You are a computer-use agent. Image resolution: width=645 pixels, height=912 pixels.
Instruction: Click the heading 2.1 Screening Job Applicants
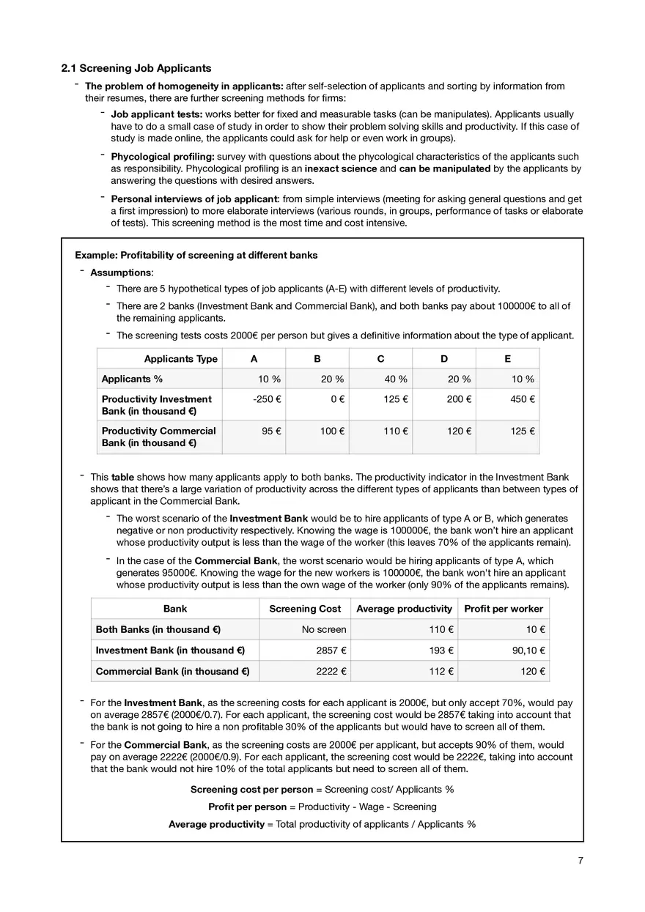click(136, 69)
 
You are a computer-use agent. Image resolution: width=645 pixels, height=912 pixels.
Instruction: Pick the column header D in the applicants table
click(444, 359)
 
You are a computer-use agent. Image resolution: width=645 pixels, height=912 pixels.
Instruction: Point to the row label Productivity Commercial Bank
click(159, 437)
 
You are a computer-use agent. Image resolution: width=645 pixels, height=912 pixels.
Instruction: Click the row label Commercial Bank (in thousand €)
click(173, 670)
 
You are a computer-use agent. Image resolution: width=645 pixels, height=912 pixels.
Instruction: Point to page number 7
click(580, 861)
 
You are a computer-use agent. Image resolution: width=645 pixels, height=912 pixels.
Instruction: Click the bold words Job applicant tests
click(156, 115)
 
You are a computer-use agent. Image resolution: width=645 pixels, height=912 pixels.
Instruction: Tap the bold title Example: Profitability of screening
click(196, 255)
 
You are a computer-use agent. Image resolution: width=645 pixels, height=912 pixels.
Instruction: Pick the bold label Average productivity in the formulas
click(216, 824)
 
